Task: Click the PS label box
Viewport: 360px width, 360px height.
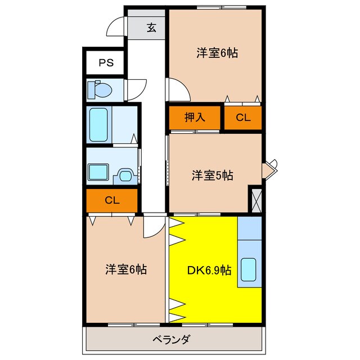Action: [x=106, y=62]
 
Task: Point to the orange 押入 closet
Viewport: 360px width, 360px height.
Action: [x=195, y=118]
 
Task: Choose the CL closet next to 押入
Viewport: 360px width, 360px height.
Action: [x=243, y=118]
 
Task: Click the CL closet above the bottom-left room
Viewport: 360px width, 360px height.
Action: [x=111, y=200]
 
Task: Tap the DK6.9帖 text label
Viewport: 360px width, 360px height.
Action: [x=209, y=269]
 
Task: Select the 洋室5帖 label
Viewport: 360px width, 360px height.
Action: [x=212, y=175]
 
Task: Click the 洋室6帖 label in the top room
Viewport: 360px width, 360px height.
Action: [x=217, y=53]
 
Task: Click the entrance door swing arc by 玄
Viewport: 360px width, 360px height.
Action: [x=116, y=26]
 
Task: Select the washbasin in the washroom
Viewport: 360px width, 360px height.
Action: [x=124, y=175]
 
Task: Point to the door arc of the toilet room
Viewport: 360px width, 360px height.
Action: [x=134, y=90]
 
